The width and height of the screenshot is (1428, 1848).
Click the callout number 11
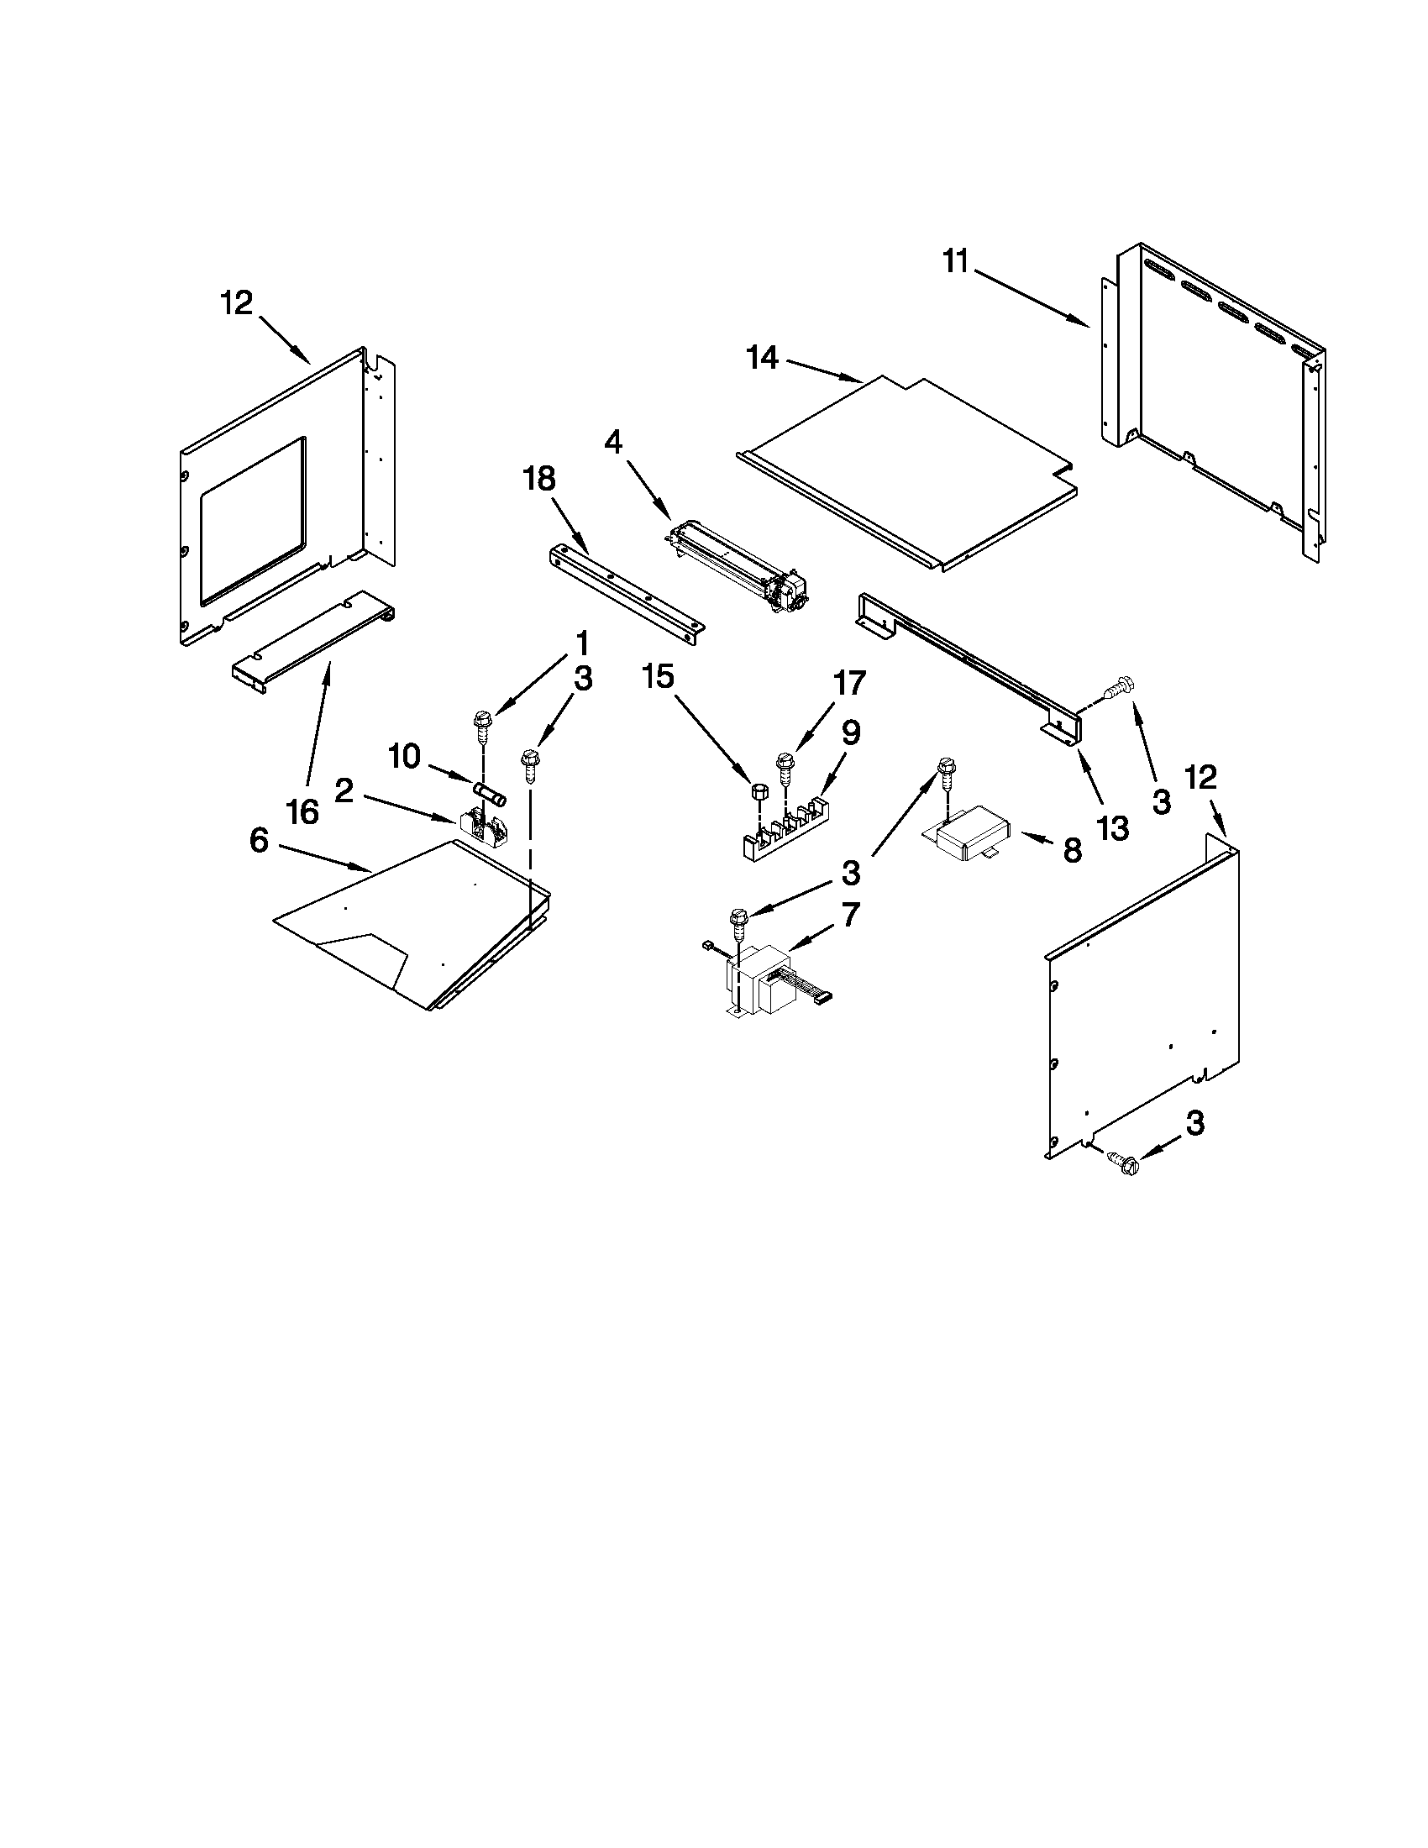tap(955, 262)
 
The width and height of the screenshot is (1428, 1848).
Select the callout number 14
tap(761, 358)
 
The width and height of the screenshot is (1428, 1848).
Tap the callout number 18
tap(539, 479)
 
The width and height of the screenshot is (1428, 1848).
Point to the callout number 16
tap(302, 812)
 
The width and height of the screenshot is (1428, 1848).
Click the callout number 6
tap(259, 840)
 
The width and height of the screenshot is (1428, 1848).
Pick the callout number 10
tap(403, 757)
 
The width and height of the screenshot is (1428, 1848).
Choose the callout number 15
tap(659, 676)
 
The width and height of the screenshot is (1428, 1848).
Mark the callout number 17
tap(849, 682)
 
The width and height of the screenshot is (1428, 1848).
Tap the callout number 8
tap(1072, 850)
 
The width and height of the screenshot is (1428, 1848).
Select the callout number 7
tap(849, 914)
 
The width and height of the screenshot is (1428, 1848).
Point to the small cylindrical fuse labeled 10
tap(491, 794)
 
